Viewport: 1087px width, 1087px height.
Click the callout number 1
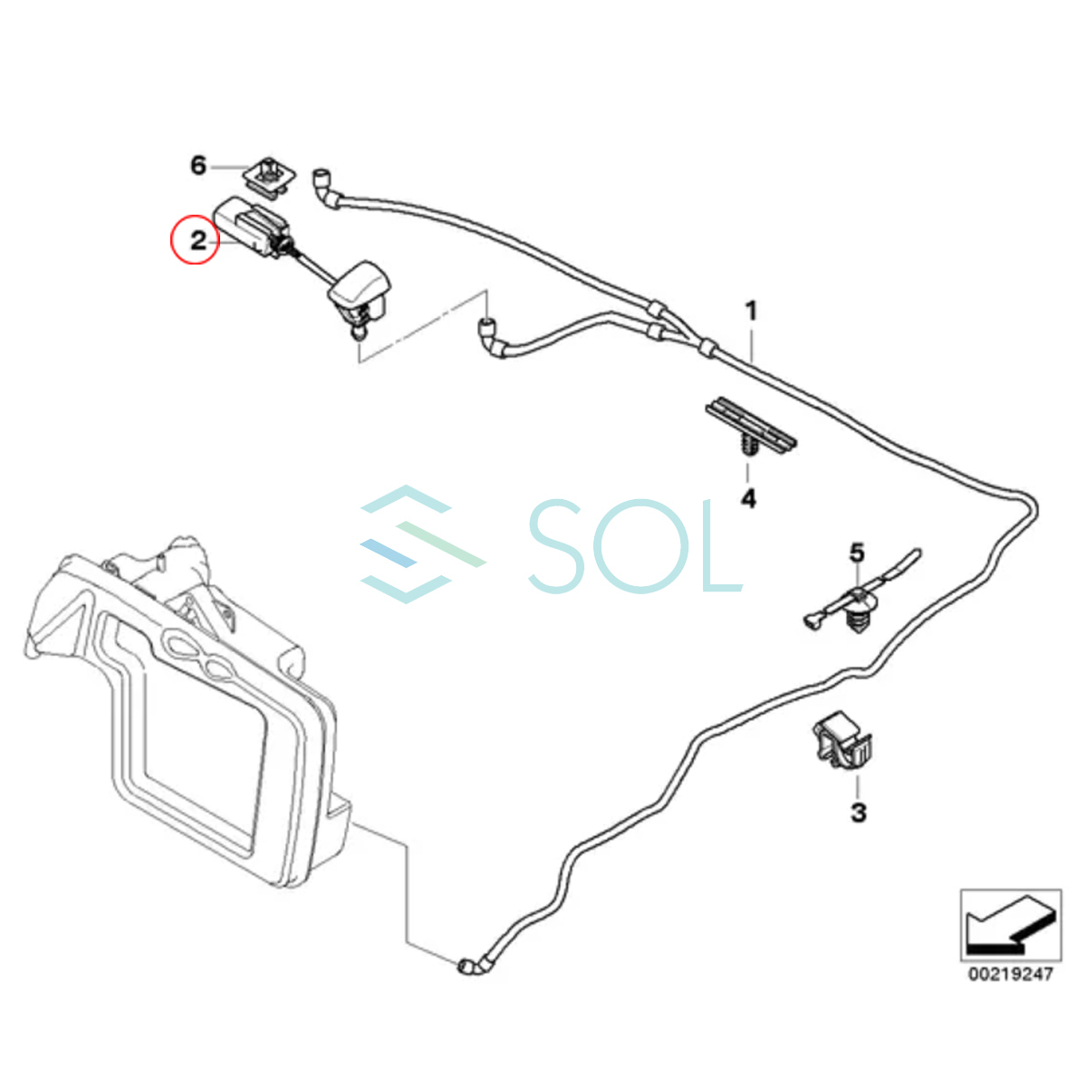click(750, 312)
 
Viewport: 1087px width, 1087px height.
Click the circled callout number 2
click(196, 241)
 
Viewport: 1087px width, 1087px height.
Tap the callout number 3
click(858, 813)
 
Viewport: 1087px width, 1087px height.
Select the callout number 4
click(748, 498)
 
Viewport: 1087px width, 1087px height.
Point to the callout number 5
click(856, 553)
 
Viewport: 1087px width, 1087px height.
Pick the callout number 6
click(198, 166)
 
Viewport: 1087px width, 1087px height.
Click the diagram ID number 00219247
click(1010, 975)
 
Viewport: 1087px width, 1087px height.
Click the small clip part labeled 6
click(269, 177)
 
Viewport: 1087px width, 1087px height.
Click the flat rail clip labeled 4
click(751, 428)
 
